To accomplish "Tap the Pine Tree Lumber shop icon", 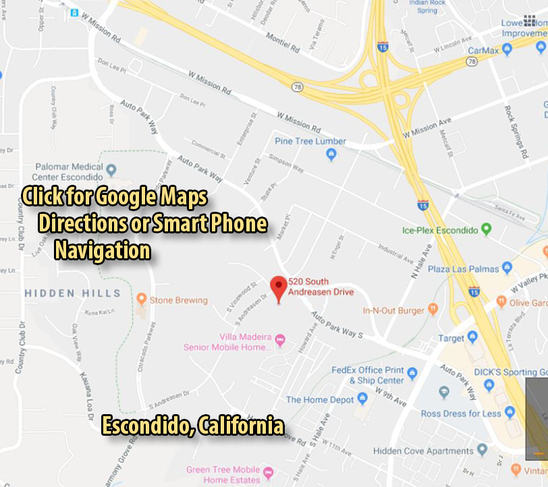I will click(331, 155).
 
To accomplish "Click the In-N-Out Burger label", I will click(393, 310).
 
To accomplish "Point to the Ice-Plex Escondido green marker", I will click(486, 230).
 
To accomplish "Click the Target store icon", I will click(472, 337).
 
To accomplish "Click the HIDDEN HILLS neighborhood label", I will click(73, 293).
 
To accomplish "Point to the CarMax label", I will click(483, 50).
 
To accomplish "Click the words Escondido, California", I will click(192, 426).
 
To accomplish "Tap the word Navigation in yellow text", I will click(103, 251).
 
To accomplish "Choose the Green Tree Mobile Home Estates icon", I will click(269, 470).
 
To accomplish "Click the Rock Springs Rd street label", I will click(517, 131).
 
